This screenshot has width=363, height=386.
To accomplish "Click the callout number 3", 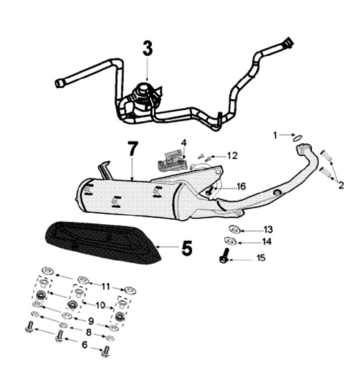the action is tap(147, 48).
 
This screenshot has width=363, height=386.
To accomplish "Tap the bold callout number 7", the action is tap(132, 149).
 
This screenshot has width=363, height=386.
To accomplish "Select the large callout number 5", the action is tap(187, 248).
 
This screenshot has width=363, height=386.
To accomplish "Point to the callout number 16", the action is tap(241, 186).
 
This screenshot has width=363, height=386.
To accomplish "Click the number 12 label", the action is tap(232, 156).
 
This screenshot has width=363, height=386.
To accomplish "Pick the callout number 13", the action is tap(268, 230).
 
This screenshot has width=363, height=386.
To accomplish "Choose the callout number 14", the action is tap(267, 242).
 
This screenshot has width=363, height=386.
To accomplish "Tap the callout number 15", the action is tap(261, 258).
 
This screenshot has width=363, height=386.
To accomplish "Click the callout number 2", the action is tap(341, 185).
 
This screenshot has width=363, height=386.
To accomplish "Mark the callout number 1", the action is tap(275, 135).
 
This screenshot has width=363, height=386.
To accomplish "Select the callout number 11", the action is tap(106, 286).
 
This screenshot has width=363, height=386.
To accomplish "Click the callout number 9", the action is tap(91, 320).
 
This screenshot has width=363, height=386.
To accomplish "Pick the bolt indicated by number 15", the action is tap(224, 255).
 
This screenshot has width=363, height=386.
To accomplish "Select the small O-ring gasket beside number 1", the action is tap(297, 138).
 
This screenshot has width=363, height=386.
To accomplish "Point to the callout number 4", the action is tap(184, 143).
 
